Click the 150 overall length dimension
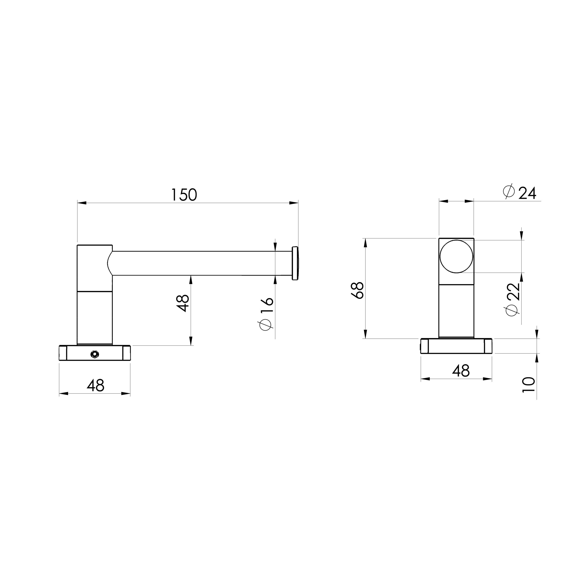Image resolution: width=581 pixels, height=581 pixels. tap(184, 195)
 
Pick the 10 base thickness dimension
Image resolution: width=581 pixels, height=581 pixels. tap(529, 385)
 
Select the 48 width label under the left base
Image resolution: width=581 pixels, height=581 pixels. tap(95, 386)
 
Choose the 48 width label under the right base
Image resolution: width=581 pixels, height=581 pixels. tap(461, 371)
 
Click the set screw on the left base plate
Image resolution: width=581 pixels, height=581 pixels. tap(95, 355)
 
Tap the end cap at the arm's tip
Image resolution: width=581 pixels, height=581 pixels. tap(295, 263)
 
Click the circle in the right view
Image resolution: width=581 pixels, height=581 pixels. tap(456, 256)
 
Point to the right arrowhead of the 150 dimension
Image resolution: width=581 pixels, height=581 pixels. tap(294, 203)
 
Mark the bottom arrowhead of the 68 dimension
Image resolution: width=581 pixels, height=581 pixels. tap(365, 334)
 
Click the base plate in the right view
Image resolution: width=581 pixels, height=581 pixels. tap(456, 346)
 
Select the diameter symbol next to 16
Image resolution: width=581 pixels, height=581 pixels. tap(266, 325)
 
